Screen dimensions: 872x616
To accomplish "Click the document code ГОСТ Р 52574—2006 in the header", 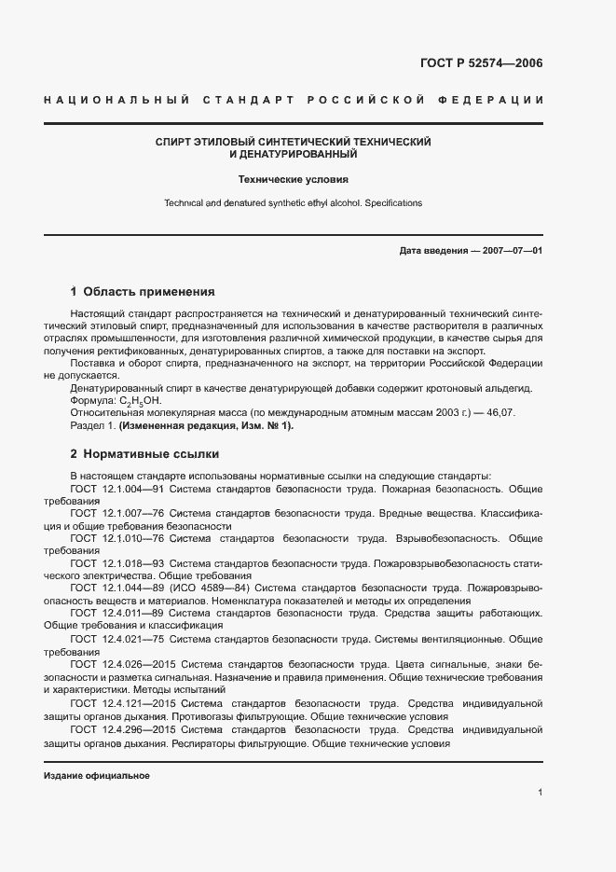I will pos(476,63).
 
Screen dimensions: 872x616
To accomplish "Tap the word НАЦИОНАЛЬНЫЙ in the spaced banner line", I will pos(116,100).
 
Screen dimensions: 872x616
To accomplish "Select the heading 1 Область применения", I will pos(143,291).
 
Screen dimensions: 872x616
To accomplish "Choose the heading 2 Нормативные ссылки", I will pos(144,455).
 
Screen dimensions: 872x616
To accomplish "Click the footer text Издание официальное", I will pos(97,776).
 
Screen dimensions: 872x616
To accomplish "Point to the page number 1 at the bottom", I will pos(540,793).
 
